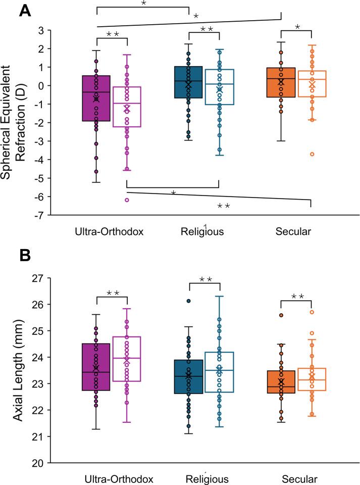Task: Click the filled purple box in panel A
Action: pyautogui.click(x=96, y=99)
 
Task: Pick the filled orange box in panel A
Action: pyautogui.click(x=281, y=89)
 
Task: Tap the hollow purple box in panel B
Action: pyautogui.click(x=127, y=359)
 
